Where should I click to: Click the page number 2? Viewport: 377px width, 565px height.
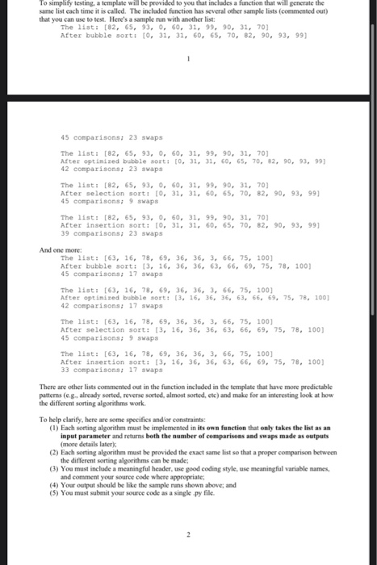[x=187, y=535]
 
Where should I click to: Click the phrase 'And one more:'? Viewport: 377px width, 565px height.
[x=58, y=250]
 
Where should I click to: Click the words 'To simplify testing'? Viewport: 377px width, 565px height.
[x=64, y=5]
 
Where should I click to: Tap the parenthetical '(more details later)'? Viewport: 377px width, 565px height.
[x=94, y=443]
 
